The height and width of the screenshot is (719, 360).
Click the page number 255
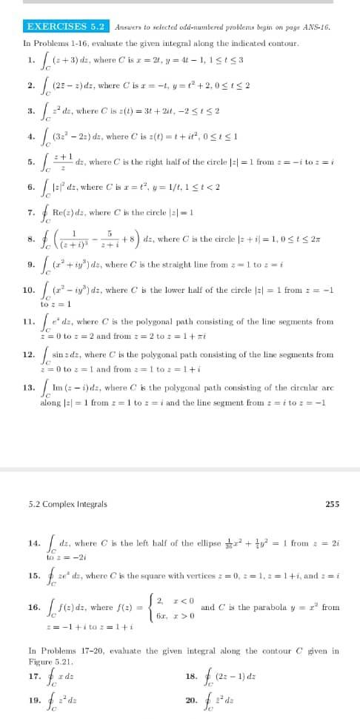[333, 504]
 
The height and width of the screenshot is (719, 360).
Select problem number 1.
[30, 59]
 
